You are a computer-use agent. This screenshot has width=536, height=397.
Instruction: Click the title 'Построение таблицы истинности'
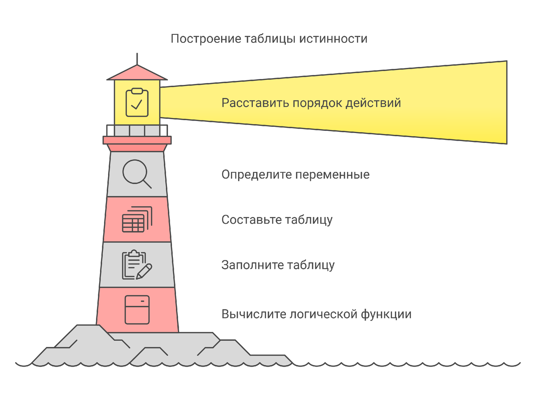(269, 39)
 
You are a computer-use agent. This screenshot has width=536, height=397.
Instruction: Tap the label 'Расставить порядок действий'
(311, 103)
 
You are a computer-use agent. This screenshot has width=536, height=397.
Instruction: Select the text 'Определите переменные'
(295, 174)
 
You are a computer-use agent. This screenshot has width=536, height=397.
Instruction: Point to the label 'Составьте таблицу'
(277, 220)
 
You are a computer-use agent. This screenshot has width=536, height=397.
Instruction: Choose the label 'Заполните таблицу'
(278, 265)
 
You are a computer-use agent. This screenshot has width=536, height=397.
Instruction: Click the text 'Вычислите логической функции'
(316, 314)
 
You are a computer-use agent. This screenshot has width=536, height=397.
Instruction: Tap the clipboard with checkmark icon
(137, 103)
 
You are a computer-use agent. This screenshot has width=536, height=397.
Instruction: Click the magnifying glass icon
(137, 173)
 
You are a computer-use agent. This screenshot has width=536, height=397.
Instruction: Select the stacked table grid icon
(137, 219)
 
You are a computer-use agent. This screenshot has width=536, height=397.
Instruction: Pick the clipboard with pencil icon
(137, 265)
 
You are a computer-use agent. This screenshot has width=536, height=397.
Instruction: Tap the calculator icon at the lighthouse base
(137, 309)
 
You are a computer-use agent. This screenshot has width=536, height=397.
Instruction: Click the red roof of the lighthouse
(137, 73)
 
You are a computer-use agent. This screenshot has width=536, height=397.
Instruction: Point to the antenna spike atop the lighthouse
(137, 59)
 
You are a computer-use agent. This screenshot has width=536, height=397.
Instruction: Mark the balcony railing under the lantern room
(137, 130)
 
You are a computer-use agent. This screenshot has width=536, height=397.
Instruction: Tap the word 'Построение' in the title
(206, 39)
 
